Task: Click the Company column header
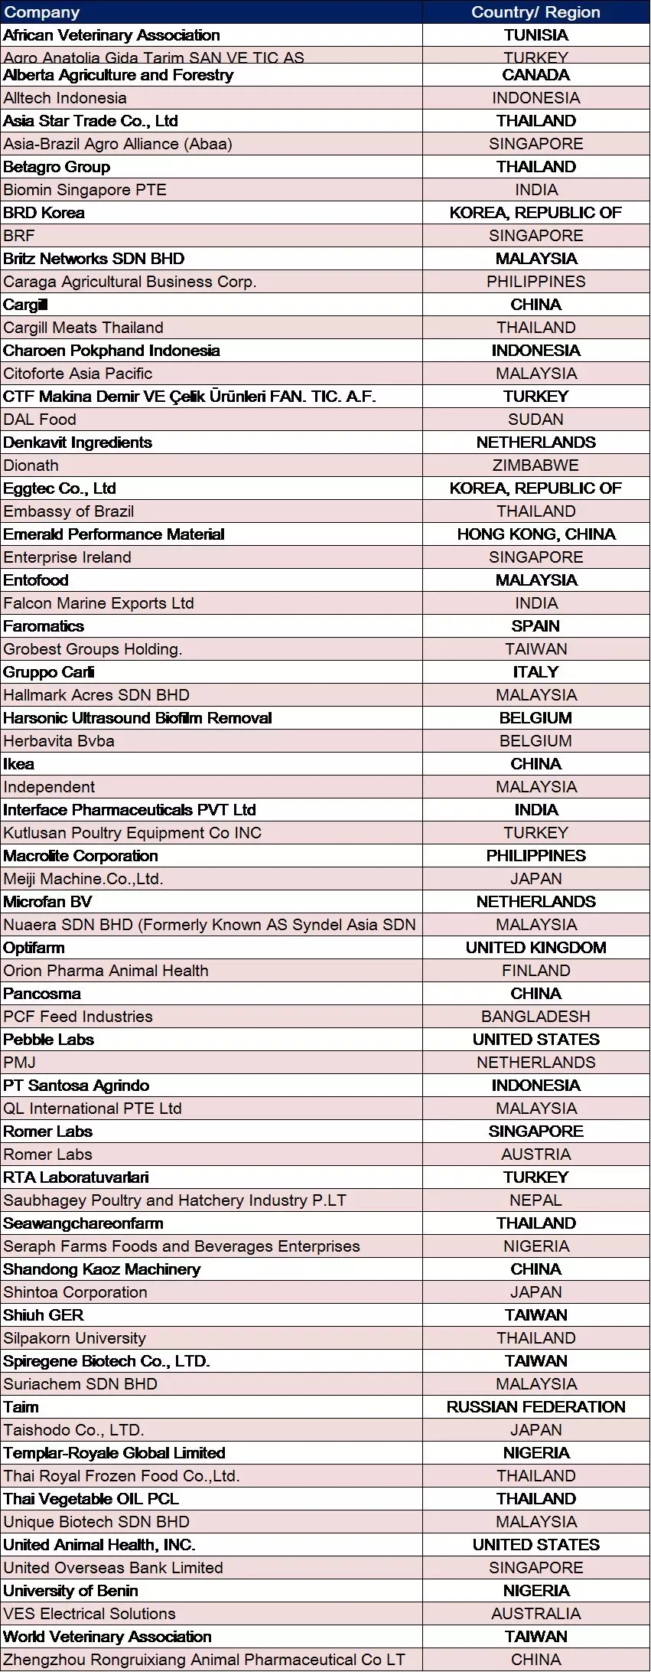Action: [42, 12]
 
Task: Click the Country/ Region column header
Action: [535, 12]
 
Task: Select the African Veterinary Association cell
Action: [112, 35]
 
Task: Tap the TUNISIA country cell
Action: [535, 35]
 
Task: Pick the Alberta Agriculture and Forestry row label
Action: [119, 75]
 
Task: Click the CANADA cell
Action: [535, 75]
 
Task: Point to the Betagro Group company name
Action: [57, 167]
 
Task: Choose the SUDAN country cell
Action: [535, 420]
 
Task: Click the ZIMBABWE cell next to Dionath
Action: [535, 465]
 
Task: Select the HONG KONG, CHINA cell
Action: [535, 534]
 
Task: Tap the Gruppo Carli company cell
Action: [49, 672]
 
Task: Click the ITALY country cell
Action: [535, 672]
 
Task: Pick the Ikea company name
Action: [19, 764]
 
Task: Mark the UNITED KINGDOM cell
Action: [535, 948]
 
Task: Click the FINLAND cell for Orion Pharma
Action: [535, 971]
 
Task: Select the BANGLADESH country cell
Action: [535, 1017]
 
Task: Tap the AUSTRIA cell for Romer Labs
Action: [535, 1154]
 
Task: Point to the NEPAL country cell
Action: [535, 1200]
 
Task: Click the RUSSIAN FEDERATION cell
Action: [535, 1407]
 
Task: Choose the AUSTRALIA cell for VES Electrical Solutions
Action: [535, 1614]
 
